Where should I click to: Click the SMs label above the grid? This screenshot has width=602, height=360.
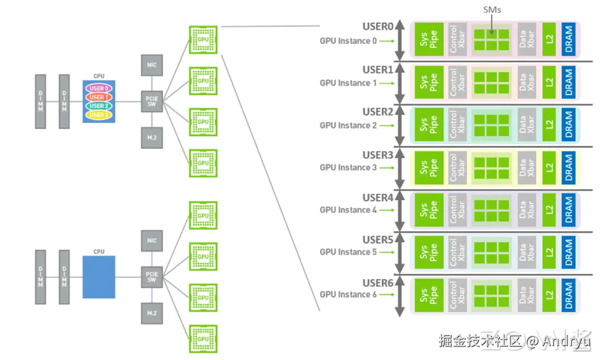[491, 9]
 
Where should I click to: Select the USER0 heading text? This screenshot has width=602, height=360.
[378, 27]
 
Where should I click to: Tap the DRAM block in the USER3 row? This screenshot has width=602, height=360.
[568, 168]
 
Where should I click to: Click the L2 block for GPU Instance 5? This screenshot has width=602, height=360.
[549, 252]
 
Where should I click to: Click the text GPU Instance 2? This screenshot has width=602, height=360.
[348, 125]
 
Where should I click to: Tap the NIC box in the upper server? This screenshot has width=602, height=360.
[152, 65]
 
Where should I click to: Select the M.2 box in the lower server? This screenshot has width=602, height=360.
[152, 313]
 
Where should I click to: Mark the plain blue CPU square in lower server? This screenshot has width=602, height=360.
[99, 277]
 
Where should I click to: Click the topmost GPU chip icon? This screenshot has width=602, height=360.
[203, 39]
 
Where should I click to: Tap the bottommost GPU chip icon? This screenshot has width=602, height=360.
[203, 338]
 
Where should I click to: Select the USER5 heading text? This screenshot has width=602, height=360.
[378, 240]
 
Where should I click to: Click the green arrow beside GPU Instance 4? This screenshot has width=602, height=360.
[388, 210]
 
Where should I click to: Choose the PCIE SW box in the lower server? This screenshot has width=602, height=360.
[152, 276]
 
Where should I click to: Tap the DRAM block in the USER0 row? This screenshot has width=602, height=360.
[568, 39]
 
